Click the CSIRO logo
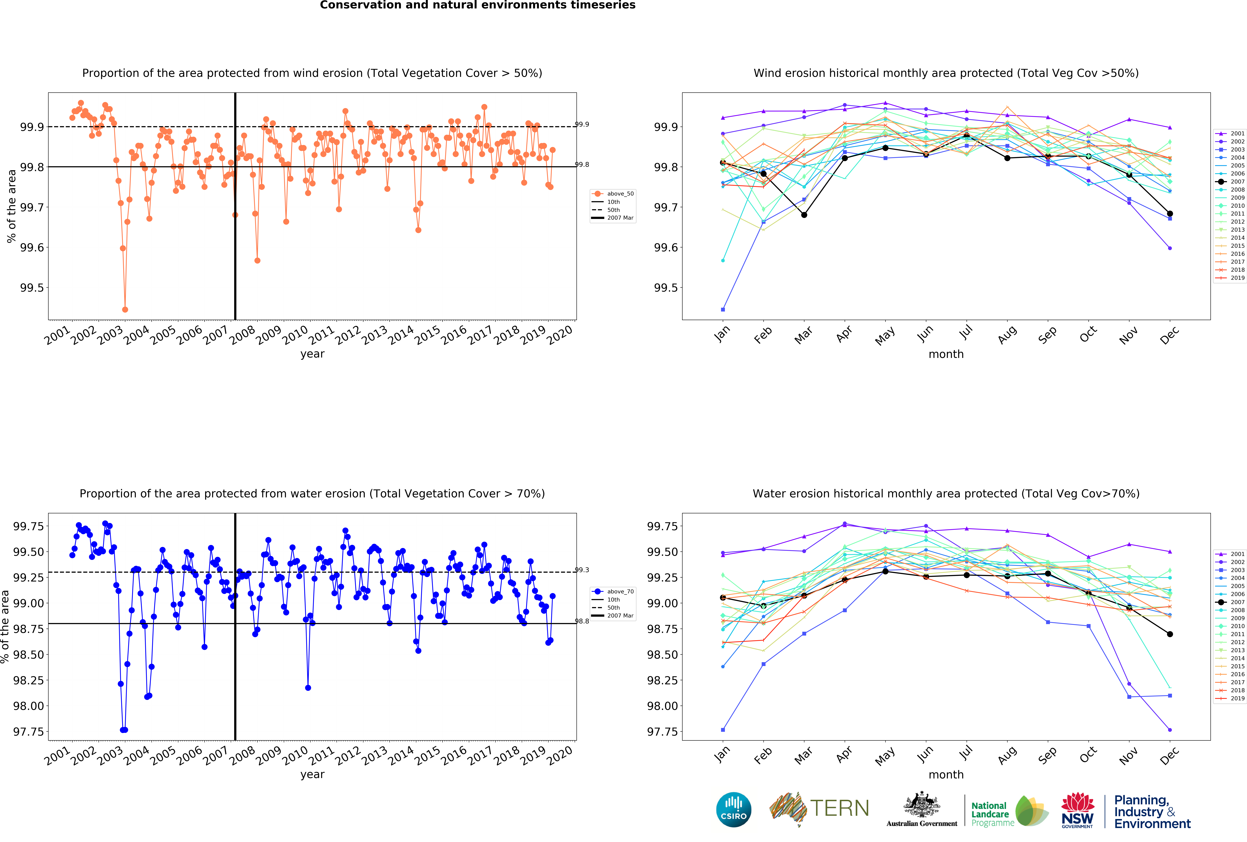733,809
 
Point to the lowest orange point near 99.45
125,309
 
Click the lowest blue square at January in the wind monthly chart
723,309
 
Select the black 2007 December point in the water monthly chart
1170,634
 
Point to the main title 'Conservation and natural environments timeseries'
478,5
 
